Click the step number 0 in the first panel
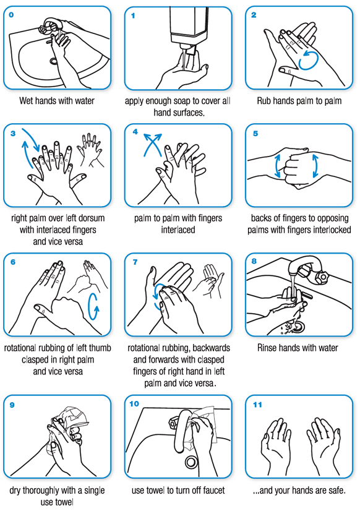pos(11,15)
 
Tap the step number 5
pos(255,133)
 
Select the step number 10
pos(134,404)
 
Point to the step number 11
pos(257,405)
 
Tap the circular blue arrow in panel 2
pos(308,60)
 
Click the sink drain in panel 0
pos(53,61)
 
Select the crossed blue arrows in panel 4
pos(152,144)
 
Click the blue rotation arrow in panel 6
pos(93,306)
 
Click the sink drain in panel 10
pos(190,462)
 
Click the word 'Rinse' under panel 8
pos(268,348)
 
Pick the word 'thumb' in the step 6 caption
pos(100,348)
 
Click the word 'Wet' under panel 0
pos(25,101)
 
